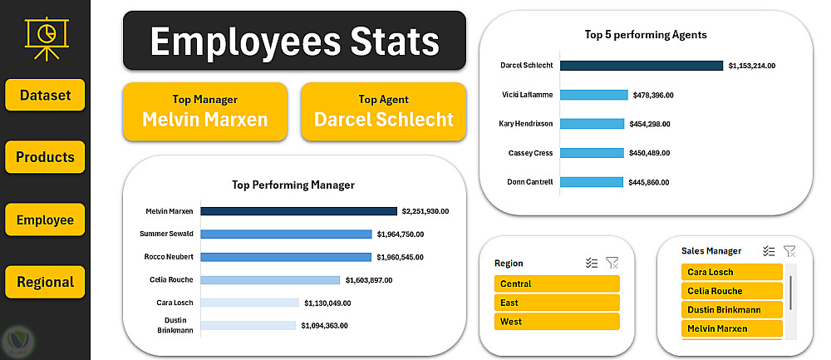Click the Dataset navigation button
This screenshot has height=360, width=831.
coord(45,95)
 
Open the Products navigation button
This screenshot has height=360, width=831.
coord(45,157)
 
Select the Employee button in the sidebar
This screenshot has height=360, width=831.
coord(45,220)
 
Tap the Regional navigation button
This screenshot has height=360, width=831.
coord(45,282)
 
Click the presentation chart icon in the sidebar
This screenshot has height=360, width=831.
coord(45,37)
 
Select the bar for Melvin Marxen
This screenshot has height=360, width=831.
coord(298,211)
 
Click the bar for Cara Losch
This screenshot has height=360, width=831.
coord(249,303)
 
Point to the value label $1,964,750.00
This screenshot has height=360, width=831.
coord(412,234)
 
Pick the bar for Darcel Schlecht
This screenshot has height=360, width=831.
coord(642,65)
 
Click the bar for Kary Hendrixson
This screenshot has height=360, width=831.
coord(592,124)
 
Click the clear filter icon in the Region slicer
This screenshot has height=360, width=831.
coord(612,263)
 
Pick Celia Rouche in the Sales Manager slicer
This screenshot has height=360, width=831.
coord(732,291)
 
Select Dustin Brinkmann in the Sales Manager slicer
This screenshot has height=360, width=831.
coord(732,310)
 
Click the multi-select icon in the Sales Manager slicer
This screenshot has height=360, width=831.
coord(769,250)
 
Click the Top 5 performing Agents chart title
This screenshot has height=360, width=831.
coord(646,35)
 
